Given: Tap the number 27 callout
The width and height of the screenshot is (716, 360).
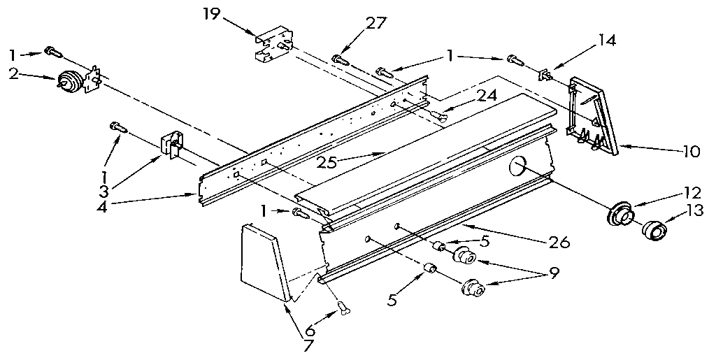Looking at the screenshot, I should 375,22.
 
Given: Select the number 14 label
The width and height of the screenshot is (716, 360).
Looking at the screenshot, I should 606,41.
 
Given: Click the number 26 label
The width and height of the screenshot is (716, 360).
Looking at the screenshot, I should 559,242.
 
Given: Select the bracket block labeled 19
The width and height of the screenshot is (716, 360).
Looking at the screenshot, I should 273,46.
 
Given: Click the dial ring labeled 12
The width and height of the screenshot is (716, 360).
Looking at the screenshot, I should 618,213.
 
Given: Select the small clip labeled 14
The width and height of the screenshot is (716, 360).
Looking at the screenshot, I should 545,73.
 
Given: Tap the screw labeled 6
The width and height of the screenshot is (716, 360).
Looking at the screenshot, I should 343,308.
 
